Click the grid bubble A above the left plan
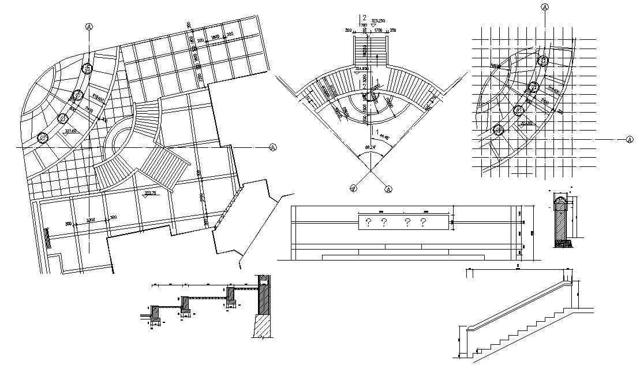pos(88,26)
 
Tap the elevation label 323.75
pos(151,193)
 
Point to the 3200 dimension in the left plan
pos(91,220)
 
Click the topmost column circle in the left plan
pos(87,69)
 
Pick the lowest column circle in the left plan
pos(42,137)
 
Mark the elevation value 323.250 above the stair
pos(379,20)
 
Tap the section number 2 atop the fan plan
pos(364,17)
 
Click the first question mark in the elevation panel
pos(368,221)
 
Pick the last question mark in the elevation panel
pos(423,221)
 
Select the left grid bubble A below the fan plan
pos(353,187)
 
